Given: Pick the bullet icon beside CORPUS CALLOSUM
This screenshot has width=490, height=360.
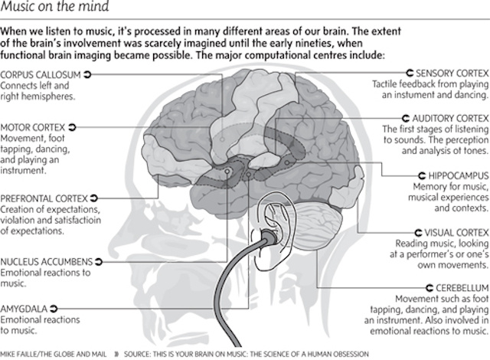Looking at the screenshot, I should [x=87, y=74].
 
